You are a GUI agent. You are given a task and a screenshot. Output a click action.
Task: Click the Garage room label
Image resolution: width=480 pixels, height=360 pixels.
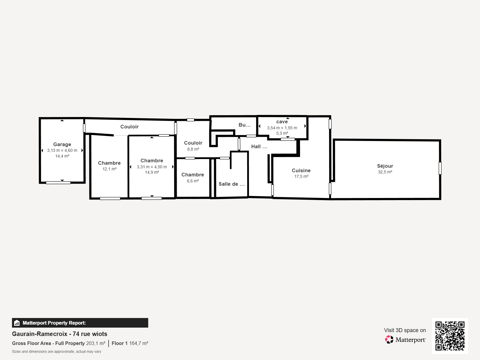pos(62,144)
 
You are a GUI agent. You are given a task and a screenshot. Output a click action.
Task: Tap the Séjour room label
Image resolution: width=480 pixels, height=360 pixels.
pos(385,166)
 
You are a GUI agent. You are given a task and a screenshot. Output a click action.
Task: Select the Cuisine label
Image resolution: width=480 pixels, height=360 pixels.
pos(301,170)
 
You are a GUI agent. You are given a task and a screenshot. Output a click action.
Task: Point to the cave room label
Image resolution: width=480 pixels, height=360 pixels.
pos(282,122)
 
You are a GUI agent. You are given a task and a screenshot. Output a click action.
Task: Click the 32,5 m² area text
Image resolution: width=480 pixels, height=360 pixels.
pos(385,172)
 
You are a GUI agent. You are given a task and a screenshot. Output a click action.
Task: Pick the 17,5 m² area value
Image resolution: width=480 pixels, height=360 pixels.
pos(301,176)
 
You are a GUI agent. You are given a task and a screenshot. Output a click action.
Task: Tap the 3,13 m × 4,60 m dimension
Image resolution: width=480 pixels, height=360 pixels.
pos(62,150)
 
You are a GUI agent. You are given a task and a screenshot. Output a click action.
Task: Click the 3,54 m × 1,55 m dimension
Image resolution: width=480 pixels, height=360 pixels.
pos(282,128)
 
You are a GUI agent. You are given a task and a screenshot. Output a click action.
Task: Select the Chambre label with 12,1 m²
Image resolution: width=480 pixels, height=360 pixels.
pos(109,163)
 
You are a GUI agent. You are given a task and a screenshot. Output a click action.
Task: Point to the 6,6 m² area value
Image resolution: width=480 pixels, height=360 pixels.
pos(193,181)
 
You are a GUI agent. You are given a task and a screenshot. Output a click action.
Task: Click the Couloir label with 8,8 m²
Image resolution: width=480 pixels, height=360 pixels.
pos(193,143)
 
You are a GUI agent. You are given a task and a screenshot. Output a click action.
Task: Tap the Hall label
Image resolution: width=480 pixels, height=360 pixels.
pos(259,146)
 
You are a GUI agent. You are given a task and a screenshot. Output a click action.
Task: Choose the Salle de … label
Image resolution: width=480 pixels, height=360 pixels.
pos(232,184)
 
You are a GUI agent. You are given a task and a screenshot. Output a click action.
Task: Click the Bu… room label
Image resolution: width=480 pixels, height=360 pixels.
pos(244,125)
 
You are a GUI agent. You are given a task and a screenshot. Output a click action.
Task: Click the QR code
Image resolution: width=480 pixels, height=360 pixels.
pos(450,336)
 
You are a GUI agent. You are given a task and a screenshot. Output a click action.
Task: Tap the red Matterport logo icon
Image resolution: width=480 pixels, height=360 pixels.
pos(389,340)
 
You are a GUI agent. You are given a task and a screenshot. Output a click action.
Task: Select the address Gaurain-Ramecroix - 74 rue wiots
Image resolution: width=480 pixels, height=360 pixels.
pos(59,334)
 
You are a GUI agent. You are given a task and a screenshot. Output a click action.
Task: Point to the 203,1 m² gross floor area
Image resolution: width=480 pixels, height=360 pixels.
pos(96,343)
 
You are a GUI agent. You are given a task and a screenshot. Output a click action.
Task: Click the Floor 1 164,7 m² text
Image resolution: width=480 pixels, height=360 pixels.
pos(130,343)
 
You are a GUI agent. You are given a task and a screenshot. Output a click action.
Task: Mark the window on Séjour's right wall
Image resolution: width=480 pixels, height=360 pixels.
pos(440,168)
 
